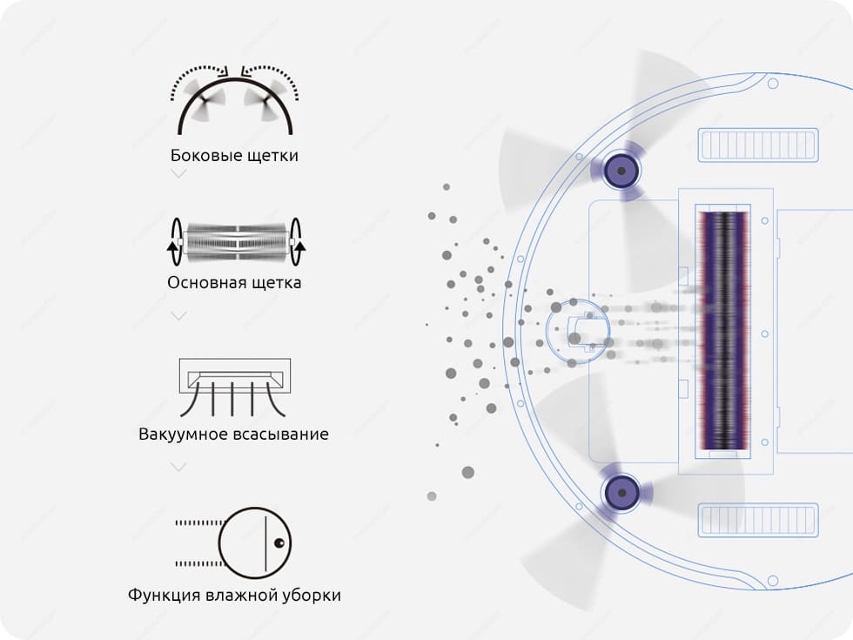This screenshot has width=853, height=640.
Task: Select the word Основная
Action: pos(202,282)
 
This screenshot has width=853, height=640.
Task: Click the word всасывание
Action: pos(280,435)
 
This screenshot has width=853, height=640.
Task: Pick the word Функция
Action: pos(165,595)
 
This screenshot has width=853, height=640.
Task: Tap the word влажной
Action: pos(241,595)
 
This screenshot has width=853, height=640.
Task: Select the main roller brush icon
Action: pos(236,242)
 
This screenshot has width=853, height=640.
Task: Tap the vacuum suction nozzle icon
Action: pos(234,387)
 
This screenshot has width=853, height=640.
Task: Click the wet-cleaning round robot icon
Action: pos(254,543)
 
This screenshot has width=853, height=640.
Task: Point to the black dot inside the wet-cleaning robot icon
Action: pos(279,543)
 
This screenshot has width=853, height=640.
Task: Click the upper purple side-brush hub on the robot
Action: pos(621,171)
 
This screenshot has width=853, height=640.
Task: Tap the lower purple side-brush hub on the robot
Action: pos(621,493)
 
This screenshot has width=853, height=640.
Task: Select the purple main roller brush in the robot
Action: pos(723,330)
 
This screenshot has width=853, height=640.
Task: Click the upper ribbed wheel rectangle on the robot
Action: pos(758,145)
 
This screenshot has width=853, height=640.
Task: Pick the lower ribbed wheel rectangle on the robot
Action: pos(758,521)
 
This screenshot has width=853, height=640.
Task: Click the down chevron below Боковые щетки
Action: pos(178,174)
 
